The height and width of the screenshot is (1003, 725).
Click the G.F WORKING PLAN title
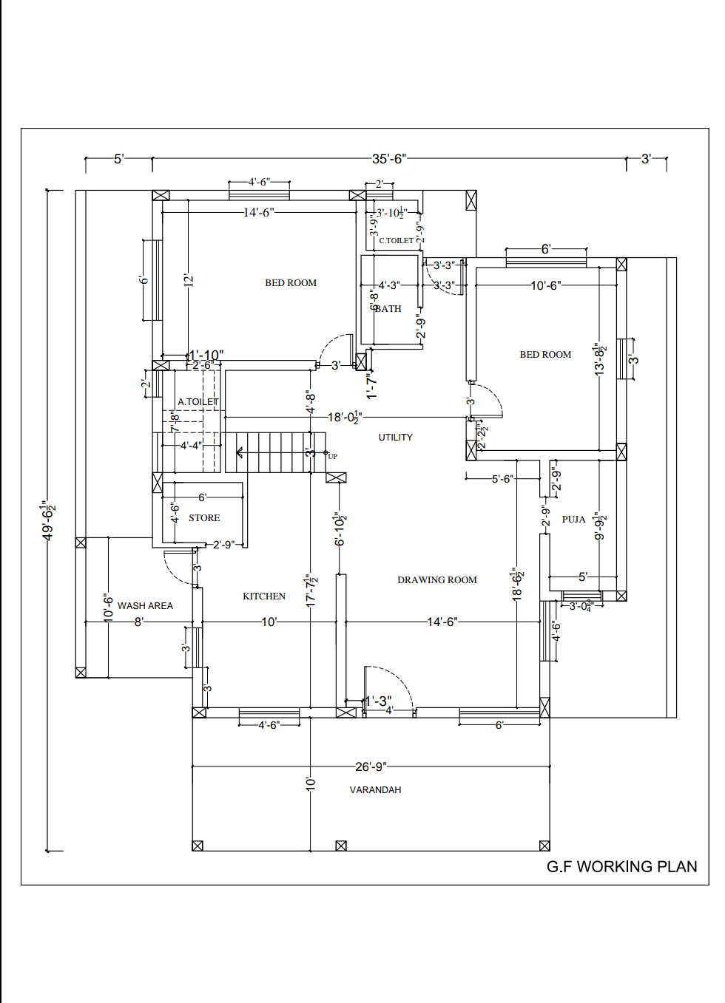pos(621,866)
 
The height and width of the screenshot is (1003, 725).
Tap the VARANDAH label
pos(375,790)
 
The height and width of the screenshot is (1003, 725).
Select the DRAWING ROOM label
pos(436,580)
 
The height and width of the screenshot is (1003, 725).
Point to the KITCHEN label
pos(264,596)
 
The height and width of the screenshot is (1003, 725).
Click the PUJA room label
pos(573,520)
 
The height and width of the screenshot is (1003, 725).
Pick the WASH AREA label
pos(145,606)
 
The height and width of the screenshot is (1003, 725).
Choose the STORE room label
pos(204,518)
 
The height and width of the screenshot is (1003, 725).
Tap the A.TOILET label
pos(198,402)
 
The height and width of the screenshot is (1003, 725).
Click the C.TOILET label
pos(396,240)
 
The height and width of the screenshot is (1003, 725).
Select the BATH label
pos(388,309)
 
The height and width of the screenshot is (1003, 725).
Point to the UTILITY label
pos(396,438)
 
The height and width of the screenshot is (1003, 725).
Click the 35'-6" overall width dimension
pos(388,159)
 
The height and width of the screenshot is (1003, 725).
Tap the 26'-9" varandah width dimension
pos(371,766)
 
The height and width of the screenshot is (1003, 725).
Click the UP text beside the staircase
pos(333,457)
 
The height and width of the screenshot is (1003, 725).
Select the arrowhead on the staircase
pos(240,452)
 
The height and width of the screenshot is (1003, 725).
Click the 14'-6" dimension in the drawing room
pos(442,622)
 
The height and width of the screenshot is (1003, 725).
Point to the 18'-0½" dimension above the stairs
pos(345,418)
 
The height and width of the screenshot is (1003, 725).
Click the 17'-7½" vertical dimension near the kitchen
pos(311,591)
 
